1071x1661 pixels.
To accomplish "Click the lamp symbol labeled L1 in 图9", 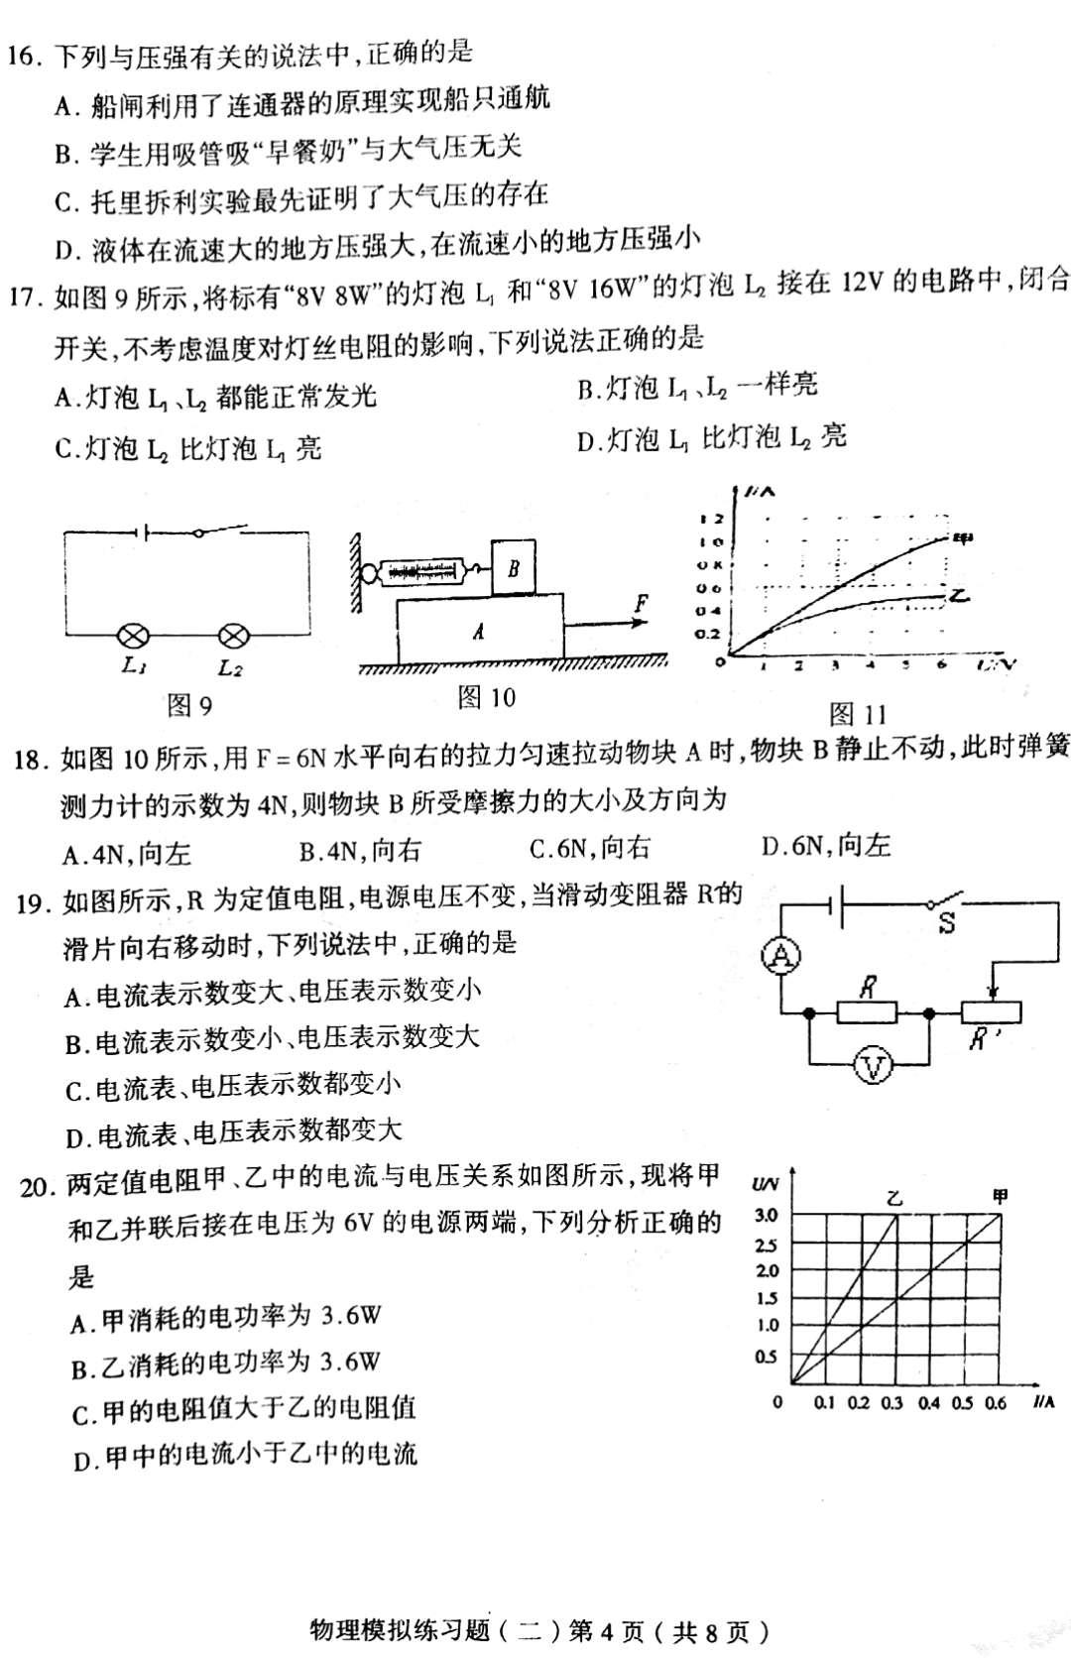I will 133,636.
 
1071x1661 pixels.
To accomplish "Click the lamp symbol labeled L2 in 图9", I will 231,636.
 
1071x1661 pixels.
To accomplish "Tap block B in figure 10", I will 514,568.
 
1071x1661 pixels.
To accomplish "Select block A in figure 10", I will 480,630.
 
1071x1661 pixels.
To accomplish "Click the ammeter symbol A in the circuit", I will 781,956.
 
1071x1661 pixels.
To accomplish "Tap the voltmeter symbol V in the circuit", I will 874,1067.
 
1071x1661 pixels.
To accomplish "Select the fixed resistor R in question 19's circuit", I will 868,1012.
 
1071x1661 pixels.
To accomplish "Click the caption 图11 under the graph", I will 858,714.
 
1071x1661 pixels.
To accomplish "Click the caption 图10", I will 486,698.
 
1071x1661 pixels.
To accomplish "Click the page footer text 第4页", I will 609,1631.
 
